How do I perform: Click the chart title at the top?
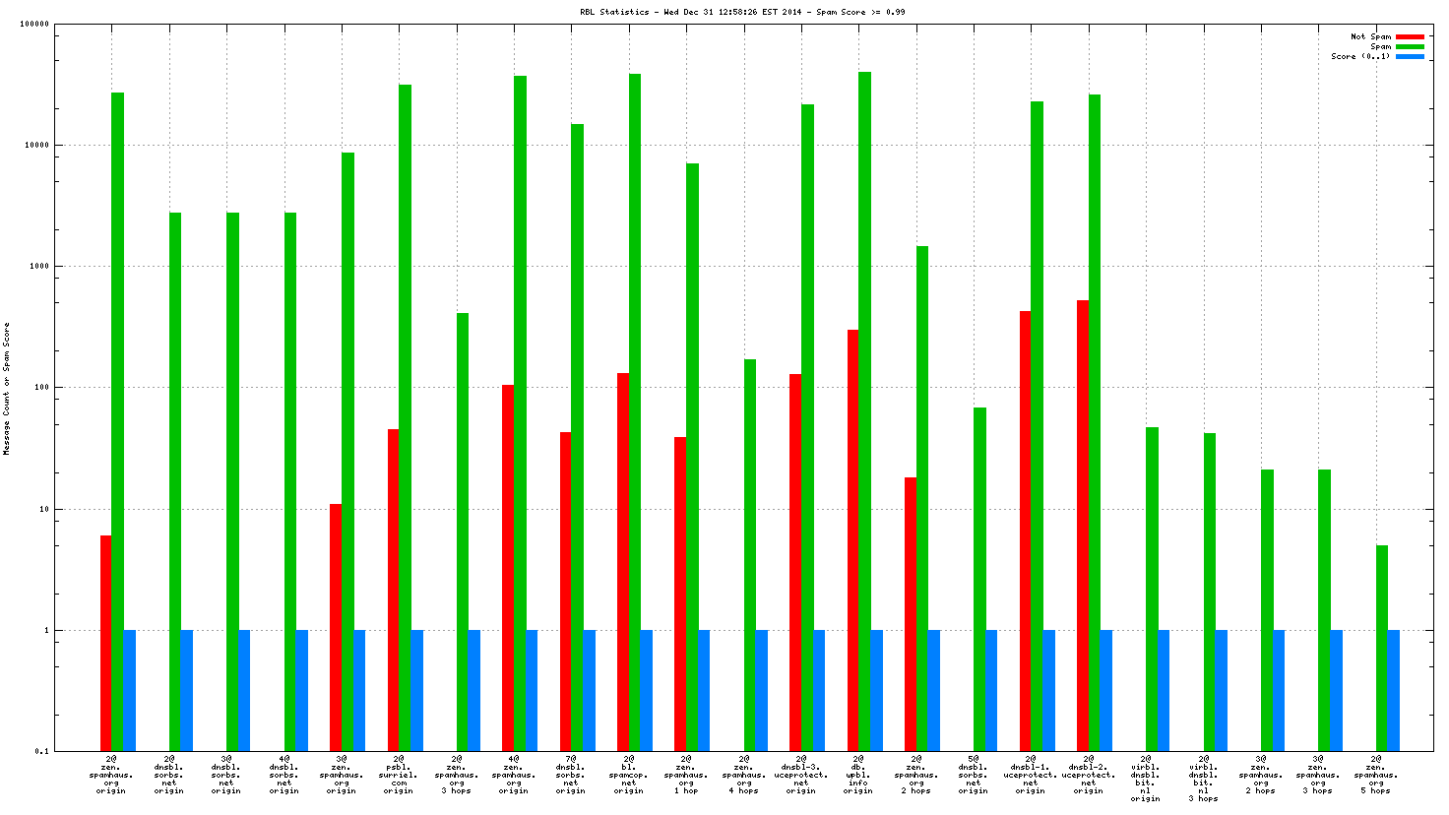pyautogui.click(x=742, y=12)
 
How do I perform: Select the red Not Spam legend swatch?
pyautogui.click(x=1410, y=36)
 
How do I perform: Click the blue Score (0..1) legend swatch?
pyautogui.click(x=1410, y=56)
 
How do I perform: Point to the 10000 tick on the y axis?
pyautogui.click(x=36, y=145)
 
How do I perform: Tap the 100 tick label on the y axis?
pyautogui.click(x=40, y=387)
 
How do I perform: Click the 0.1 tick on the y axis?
pyautogui.click(x=42, y=751)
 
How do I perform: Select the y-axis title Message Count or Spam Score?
pyautogui.click(x=6, y=388)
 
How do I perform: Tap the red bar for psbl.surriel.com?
pyautogui.click(x=394, y=590)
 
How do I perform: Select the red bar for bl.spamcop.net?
pyautogui.click(x=623, y=562)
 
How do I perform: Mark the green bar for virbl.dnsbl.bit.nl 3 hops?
pyautogui.click(x=1210, y=592)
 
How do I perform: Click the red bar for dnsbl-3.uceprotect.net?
pyautogui.click(x=795, y=562)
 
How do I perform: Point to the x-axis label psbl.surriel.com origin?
pyautogui.click(x=399, y=775)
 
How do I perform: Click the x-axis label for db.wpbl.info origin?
pyautogui.click(x=858, y=775)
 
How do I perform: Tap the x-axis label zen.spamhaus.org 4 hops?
pyautogui.click(x=743, y=775)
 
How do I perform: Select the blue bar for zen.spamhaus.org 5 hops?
pyautogui.click(x=1394, y=690)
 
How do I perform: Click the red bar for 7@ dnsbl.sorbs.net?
pyautogui.click(x=566, y=592)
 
